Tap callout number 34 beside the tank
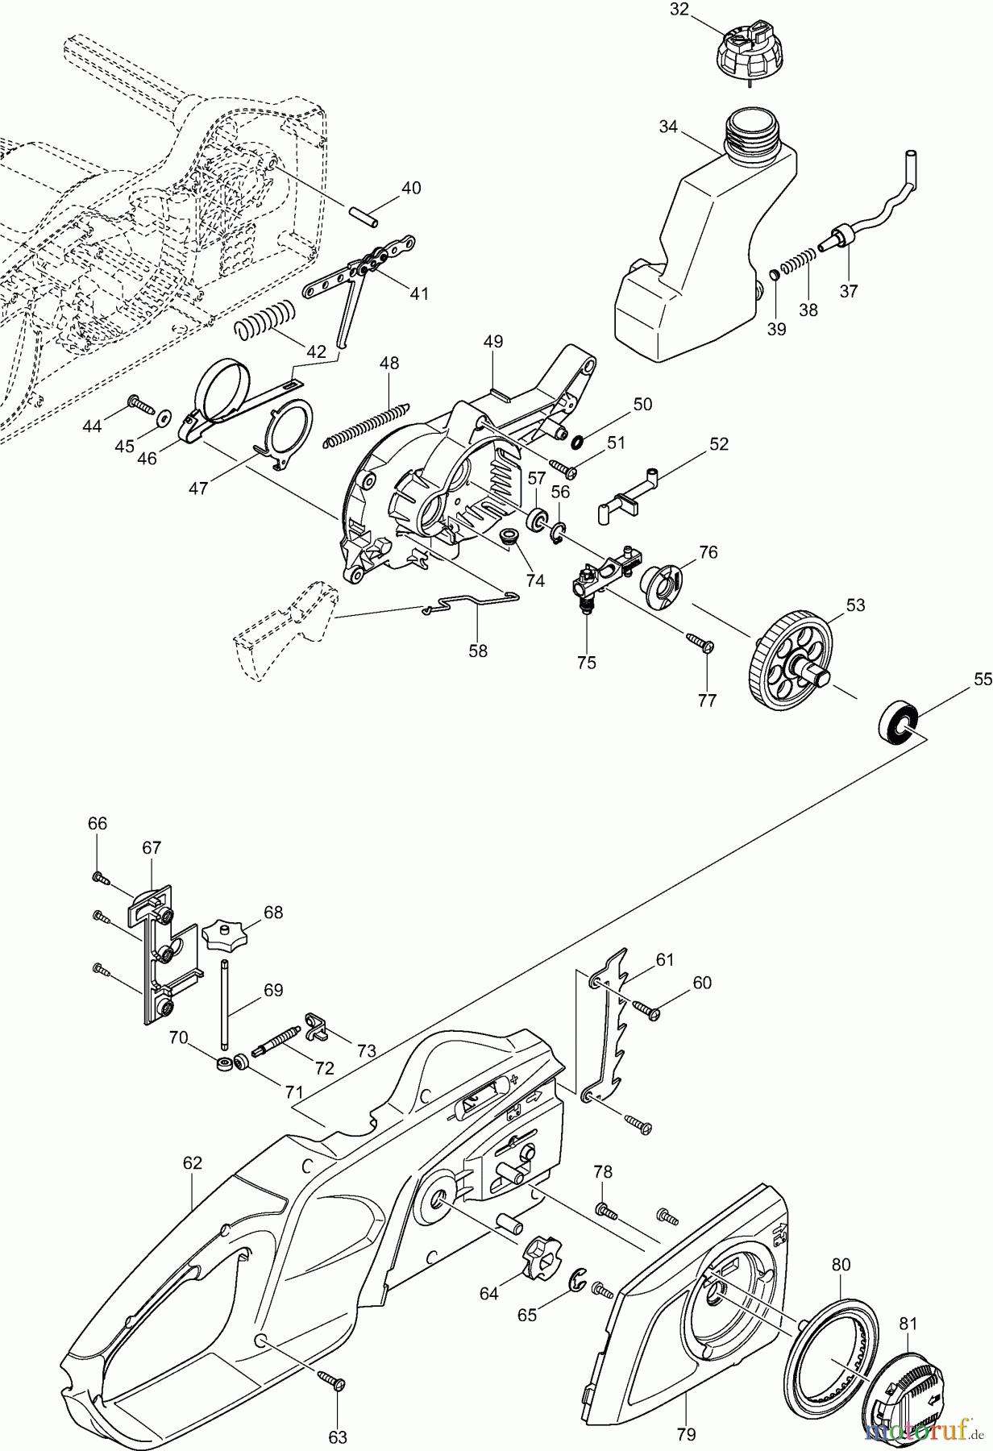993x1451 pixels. (x=667, y=127)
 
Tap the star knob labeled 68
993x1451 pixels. (x=223, y=937)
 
